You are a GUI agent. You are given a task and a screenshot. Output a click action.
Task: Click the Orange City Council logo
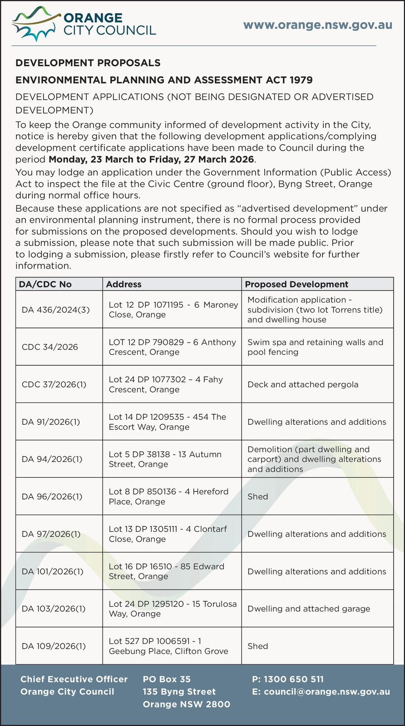click(84, 24)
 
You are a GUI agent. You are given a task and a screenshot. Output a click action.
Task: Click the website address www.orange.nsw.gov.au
click(318, 25)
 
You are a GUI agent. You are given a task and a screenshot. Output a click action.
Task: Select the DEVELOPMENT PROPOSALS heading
click(88, 63)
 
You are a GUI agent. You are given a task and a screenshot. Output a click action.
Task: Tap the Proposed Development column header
click(296, 284)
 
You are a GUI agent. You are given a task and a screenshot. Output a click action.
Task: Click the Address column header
click(123, 284)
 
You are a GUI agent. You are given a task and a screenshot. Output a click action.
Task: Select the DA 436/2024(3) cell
click(56, 310)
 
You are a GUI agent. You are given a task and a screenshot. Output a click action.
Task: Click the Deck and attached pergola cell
click(303, 385)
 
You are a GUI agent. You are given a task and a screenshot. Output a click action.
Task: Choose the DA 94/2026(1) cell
click(52, 459)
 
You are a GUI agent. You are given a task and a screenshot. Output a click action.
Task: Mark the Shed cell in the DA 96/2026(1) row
click(258, 496)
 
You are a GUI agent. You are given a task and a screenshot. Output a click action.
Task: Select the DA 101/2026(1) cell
click(53, 571)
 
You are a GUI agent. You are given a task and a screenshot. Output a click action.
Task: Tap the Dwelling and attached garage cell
click(309, 608)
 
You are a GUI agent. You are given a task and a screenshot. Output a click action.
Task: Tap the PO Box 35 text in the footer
click(167, 679)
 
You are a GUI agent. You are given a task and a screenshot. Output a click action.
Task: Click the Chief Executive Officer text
click(74, 679)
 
